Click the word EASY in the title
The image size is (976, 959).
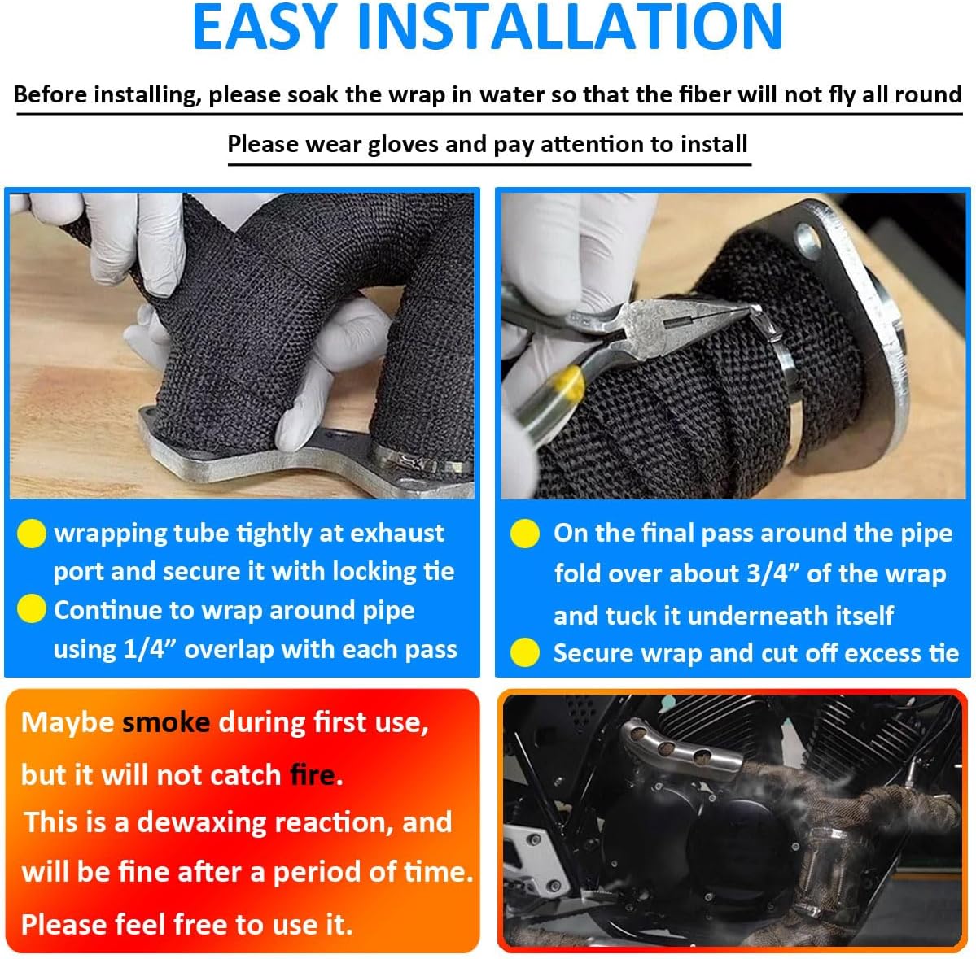(265, 27)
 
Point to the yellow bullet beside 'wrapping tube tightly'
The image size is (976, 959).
(31, 533)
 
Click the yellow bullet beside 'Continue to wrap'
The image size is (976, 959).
(31, 609)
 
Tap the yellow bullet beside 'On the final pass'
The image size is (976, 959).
(525, 533)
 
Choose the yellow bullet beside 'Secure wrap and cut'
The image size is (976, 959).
(525, 652)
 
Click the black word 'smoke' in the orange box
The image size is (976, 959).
(165, 722)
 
